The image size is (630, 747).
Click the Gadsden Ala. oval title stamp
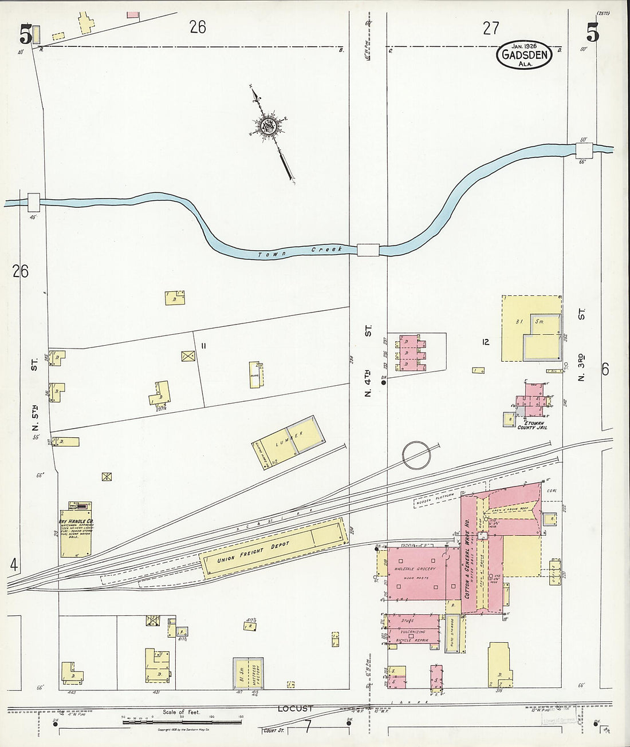(524, 56)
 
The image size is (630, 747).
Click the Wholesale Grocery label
(415, 569)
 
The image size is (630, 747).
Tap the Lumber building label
(291, 441)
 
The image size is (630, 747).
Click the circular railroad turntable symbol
(416, 456)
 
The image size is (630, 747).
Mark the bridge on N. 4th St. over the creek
(368, 250)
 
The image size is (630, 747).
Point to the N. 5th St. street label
(35, 394)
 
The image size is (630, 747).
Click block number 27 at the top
(491, 28)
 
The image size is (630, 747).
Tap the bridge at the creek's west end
(33, 201)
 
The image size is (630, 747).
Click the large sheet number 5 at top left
(25, 35)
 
